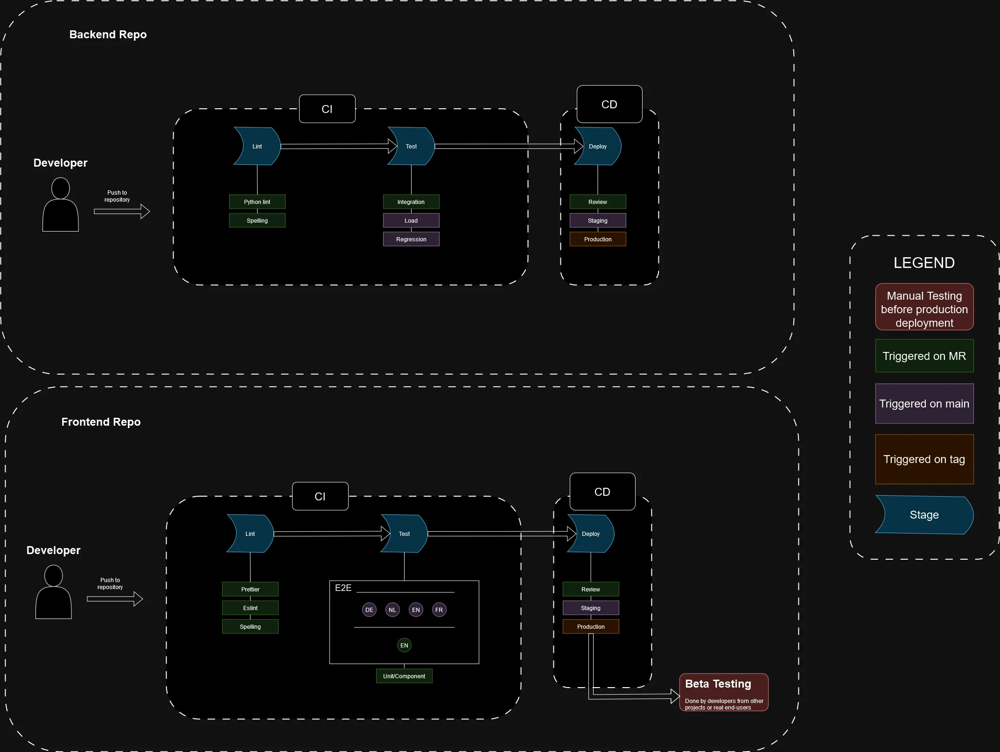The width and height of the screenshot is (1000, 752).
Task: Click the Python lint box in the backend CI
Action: click(257, 202)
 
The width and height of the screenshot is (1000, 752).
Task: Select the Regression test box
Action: click(411, 239)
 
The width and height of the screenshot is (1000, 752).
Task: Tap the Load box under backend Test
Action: click(411, 220)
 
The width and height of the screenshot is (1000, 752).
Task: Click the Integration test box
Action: click(411, 202)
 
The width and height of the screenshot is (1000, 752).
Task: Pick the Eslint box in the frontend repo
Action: click(250, 608)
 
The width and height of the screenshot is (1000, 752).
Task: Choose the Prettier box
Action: click(250, 589)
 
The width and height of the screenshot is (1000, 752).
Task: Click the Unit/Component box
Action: click(404, 676)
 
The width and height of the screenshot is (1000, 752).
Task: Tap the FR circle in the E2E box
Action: click(439, 610)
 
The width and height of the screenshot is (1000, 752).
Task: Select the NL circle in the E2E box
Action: click(392, 610)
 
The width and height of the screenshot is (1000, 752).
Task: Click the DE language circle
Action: click(369, 610)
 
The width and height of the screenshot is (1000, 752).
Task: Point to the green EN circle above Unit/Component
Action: click(404, 645)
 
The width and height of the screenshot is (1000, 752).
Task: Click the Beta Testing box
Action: click(724, 692)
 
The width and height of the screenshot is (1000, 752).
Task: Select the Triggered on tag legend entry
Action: click(924, 459)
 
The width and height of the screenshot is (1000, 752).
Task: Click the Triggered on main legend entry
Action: click(924, 404)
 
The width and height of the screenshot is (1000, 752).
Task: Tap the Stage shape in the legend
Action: click(924, 515)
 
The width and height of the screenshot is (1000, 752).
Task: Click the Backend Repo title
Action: click(108, 35)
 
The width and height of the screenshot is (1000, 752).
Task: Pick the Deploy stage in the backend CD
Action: click(598, 146)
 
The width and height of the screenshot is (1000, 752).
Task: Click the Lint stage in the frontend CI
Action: click(250, 534)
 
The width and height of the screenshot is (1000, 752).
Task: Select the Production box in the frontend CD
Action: click(591, 626)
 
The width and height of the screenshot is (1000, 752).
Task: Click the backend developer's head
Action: click(60, 188)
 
